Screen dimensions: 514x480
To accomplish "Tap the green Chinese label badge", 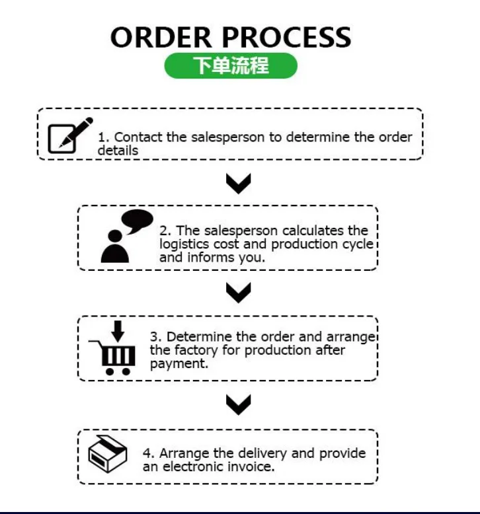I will (x=231, y=66).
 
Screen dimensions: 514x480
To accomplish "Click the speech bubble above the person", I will (x=137, y=221).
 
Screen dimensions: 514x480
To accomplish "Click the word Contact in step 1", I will (x=136, y=137).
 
